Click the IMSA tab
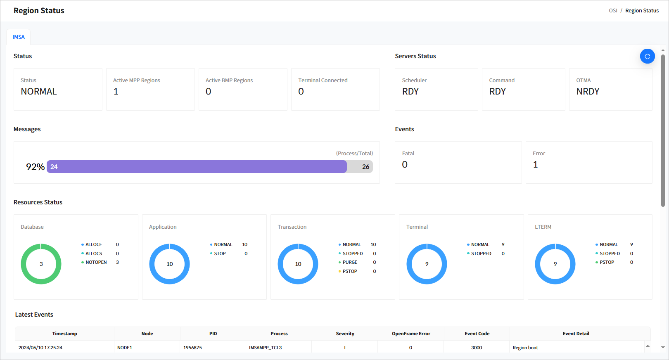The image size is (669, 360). pyautogui.click(x=19, y=37)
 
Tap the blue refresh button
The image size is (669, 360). pyautogui.click(x=647, y=56)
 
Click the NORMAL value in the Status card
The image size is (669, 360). pyautogui.click(x=39, y=92)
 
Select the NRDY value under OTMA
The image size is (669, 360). pyautogui.click(x=587, y=92)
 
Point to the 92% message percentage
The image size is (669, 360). pyautogui.click(x=35, y=167)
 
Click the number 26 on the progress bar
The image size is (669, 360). pyautogui.click(x=365, y=167)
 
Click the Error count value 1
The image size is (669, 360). pyautogui.click(x=535, y=165)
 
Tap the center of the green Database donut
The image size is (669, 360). pyautogui.click(x=41, y=264)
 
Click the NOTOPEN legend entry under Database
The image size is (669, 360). pyautogui.click(x=96, y=263)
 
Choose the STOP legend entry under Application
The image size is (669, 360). pyautogui.click(x=220, y=253)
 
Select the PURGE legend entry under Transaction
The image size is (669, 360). pyautogui.click(x=350, y=263)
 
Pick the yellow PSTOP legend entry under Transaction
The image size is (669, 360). pyautogui.click(x=350, y=271)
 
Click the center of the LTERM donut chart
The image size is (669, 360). pyautogui.click(x=555, y=264)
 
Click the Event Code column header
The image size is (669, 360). pyautogui.click(x=477, y=334)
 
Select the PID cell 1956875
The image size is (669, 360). pyautogui.click(x=192, y=348)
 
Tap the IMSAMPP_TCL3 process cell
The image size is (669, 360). pyautogui.click(x=265, y=348)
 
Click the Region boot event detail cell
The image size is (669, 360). pyautogui.click(x=525, y=348)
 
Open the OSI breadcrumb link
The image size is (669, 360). pyautogui.click(x=613, y=11)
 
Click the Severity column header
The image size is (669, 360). pyautogui.click(x=345, y=334)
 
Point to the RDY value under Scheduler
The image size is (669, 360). pyautogui.click(x=410, y=92)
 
